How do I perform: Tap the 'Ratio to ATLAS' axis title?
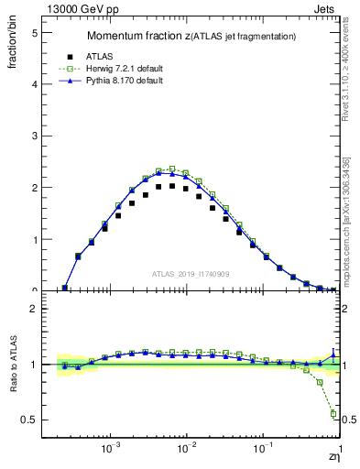[13, 364]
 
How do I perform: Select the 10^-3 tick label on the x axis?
[111, 451]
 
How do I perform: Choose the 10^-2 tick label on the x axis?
[187, 451]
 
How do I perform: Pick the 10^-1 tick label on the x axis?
[263, 451]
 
